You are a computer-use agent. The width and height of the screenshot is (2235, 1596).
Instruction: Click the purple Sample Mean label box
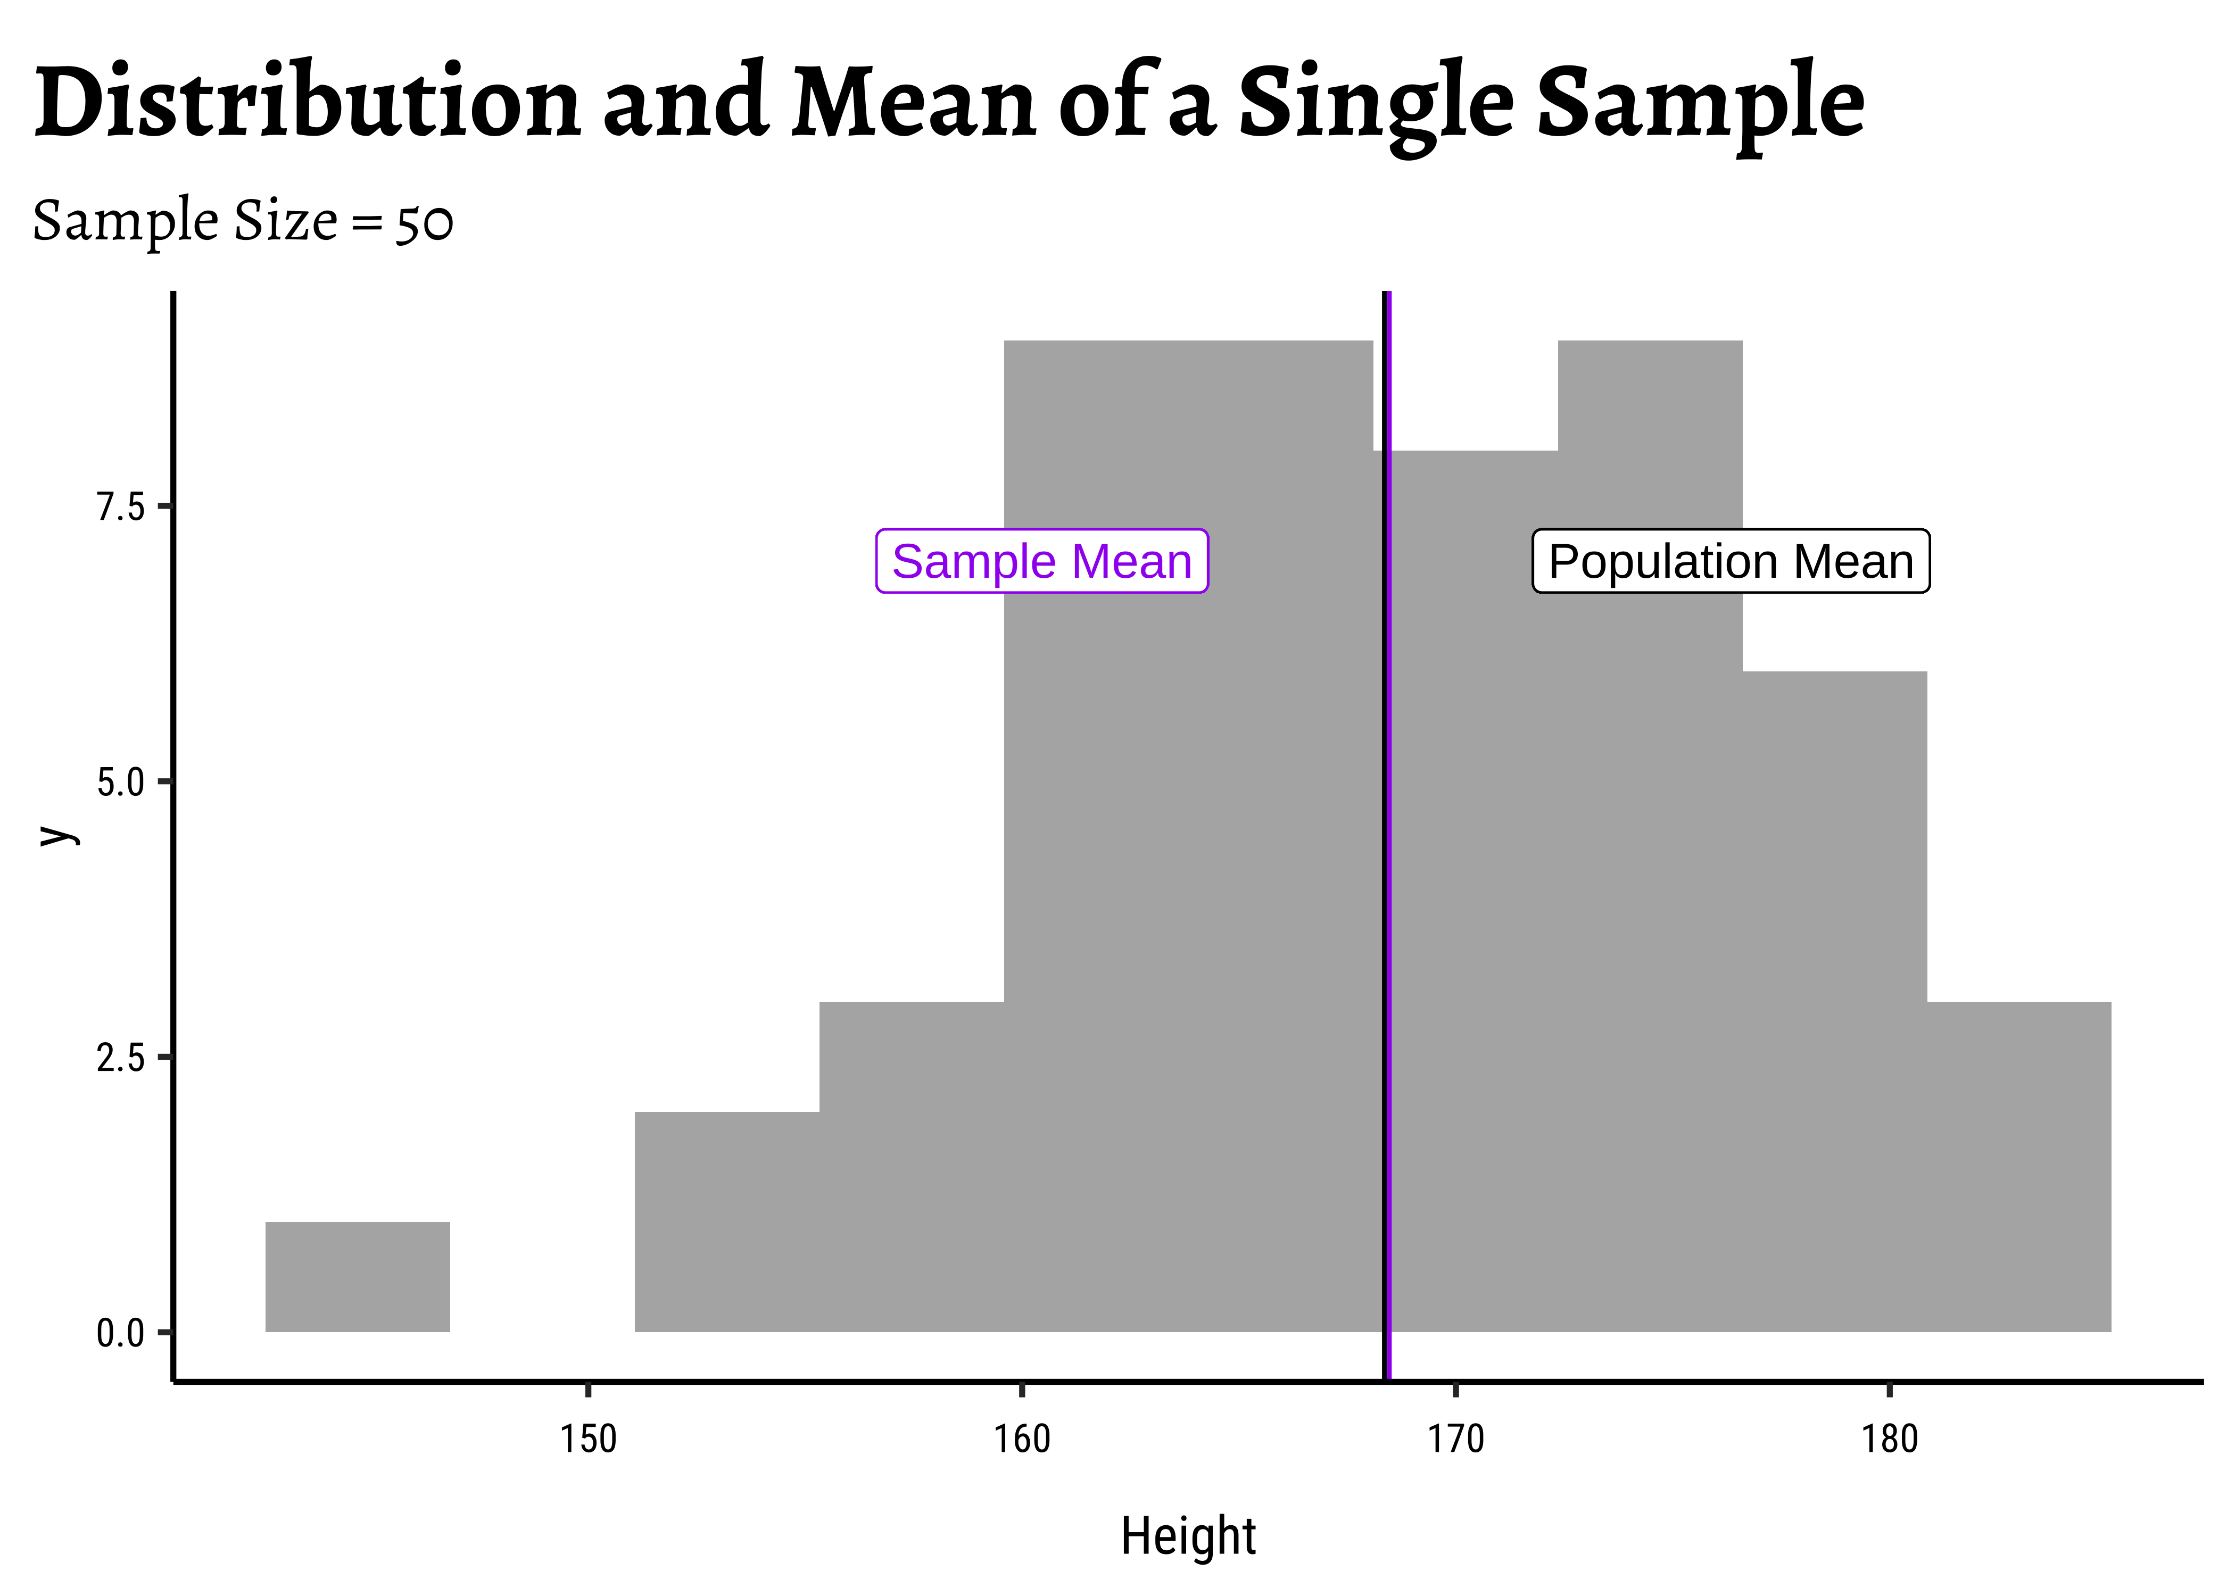[x=1042, y=561]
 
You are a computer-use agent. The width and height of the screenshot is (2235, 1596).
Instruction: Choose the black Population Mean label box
[x=1731, y=561]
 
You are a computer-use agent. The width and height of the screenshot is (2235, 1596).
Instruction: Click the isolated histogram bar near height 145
[x=358, y=1277]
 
